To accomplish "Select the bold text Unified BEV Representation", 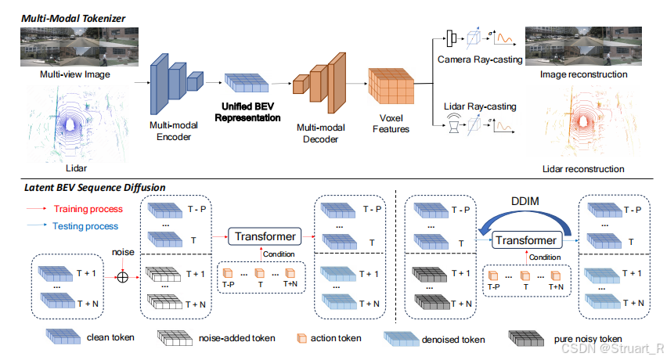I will point(248,110).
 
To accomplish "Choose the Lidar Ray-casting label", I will point(478,106).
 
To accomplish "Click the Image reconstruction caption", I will point(584,74).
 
